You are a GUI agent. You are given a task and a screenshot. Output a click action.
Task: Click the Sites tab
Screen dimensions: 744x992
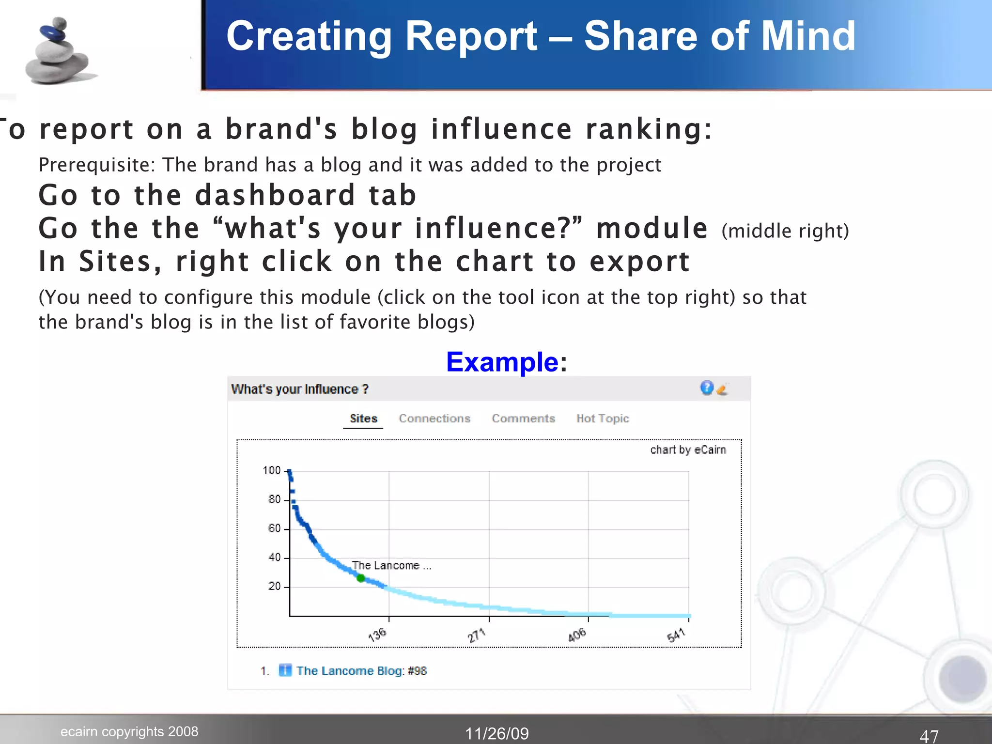[363, 418]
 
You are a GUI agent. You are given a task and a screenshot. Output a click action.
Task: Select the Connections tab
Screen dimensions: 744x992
[434, 418]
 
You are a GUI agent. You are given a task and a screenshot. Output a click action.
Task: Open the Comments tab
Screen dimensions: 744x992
[523, 418]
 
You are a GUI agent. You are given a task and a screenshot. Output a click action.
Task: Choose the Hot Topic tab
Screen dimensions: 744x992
[603, 418]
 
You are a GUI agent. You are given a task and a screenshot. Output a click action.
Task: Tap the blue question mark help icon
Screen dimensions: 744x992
[707, 387]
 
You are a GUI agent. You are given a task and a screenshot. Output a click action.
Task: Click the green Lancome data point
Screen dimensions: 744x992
[360, 578]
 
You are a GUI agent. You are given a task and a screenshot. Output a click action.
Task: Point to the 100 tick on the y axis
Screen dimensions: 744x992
[272, 470]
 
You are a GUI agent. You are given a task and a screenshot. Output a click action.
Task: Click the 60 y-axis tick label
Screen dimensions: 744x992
[274, 528]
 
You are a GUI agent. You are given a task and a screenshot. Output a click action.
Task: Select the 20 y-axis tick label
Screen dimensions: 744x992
[274, 586]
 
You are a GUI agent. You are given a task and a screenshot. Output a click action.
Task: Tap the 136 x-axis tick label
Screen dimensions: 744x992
[377, 635]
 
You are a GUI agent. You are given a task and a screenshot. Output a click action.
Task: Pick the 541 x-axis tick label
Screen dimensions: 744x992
[676, 635]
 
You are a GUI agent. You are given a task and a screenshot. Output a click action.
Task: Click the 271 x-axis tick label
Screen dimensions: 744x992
[477, 635]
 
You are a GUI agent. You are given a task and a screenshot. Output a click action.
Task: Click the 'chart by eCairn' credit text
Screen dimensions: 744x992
[688, 450]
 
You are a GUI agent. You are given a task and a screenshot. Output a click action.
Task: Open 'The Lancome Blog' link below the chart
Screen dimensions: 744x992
[350, 671]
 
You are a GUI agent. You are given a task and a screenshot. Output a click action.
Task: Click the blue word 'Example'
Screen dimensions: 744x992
[502, 362]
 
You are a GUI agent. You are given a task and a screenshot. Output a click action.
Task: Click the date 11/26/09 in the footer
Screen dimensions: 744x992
[497, 734]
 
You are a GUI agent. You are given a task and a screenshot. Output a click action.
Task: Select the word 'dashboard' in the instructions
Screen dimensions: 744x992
[275, 195]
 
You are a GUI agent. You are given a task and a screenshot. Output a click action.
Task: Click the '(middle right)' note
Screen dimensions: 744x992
[785, 231]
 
